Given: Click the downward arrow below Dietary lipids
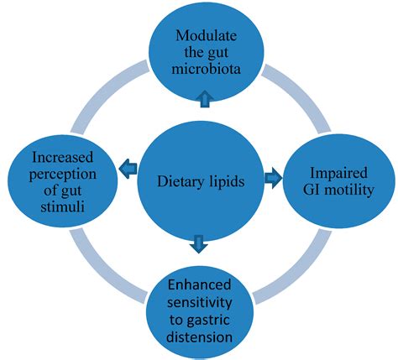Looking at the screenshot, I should click(198, 244).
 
